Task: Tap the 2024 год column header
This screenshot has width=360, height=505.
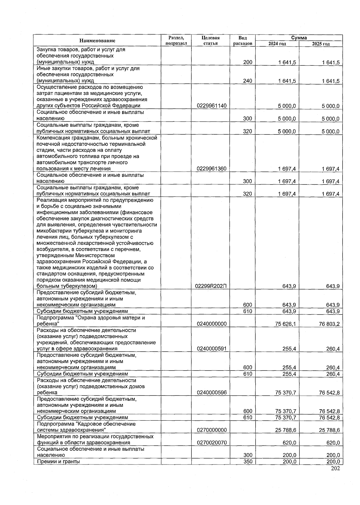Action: (x=277, y=44)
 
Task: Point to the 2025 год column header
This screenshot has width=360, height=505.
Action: (x=321, y=44)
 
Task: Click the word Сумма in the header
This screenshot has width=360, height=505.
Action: (x=299, y=38)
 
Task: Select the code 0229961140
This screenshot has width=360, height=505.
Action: (x=211, y=106)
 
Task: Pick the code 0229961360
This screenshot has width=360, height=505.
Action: (x=211, y=169)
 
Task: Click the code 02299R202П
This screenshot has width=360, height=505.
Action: (x=211, y=286)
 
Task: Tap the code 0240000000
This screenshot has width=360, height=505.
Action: (x=211, y=324)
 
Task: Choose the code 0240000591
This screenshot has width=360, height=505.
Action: (x=211, y=349)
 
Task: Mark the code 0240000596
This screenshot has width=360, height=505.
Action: (x=211, y=392)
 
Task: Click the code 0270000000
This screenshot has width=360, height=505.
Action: (x=211, y=430)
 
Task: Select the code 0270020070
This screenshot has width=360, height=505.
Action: (x=211, y=443)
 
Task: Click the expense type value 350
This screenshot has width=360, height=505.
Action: (x=247, y=461)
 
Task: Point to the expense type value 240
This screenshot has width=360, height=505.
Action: (x=247, y=81)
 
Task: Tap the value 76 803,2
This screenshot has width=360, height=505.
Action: (x=329, y=324)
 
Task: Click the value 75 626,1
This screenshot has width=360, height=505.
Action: (x=285, y=324)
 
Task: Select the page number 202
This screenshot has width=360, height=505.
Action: (x=335, y=469)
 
